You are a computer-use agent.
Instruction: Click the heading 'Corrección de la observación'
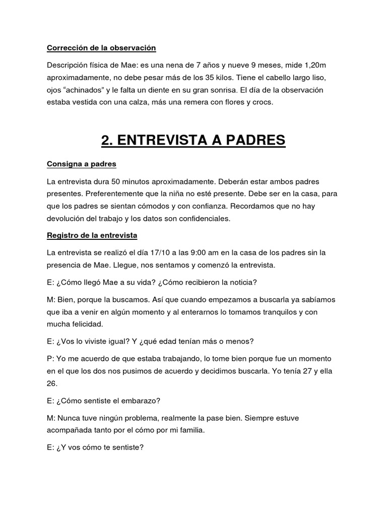(x=101, y=48)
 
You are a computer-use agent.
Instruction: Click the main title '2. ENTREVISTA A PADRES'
(x=193, y=140)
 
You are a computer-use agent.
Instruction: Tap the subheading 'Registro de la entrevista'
(x=92, y=235)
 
